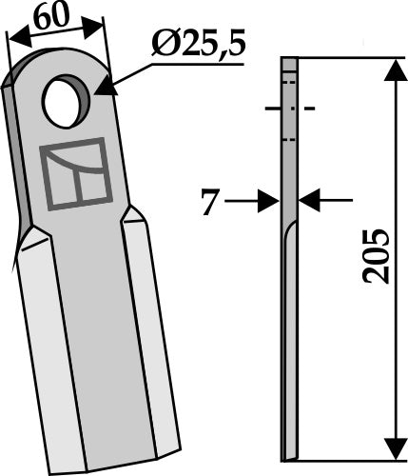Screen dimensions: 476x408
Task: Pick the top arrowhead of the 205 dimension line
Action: [x=390, y=67]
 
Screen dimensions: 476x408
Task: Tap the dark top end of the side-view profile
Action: [x=290, y=63]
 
